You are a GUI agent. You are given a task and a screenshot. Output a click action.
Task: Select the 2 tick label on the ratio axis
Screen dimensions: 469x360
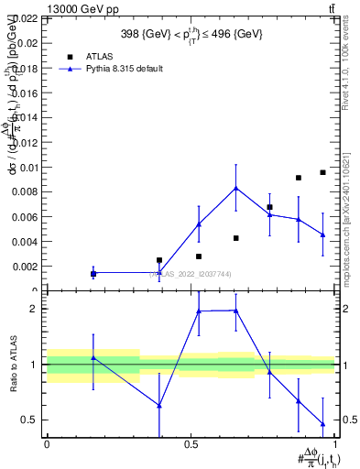point(32,309)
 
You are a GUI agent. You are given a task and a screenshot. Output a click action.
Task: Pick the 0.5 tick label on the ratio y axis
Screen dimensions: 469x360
point(28,420)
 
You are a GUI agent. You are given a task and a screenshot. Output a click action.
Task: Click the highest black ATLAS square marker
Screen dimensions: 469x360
point(322,172)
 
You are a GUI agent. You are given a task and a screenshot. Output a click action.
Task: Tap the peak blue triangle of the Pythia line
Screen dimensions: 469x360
point(236,188)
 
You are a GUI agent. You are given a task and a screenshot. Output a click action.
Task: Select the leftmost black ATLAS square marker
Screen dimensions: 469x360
point(93,273)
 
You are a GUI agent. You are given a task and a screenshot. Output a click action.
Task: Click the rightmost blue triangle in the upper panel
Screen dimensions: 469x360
point(322,234)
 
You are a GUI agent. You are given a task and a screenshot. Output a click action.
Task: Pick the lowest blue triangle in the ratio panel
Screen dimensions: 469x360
point(322,424)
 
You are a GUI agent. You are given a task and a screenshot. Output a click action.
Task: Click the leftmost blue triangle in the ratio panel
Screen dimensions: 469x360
point(93,358)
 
